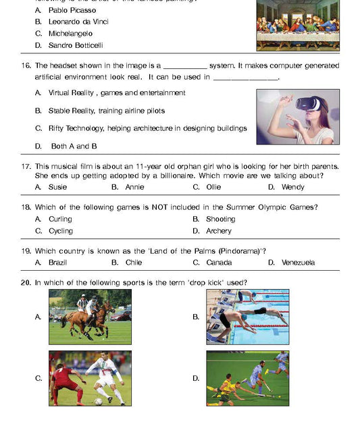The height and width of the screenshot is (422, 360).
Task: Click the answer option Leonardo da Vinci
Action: (78, 22)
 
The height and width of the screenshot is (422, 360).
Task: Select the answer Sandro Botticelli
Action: (76, 45)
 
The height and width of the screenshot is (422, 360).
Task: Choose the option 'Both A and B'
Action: (74, 146)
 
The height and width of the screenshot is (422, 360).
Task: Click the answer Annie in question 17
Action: (134, 186)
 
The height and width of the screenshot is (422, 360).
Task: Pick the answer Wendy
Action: (292, 186)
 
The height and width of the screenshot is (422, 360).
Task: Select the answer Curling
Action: (60, 219)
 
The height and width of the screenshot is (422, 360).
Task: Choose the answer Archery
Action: (219, 231)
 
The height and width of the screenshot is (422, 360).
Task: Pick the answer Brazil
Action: (57, 262)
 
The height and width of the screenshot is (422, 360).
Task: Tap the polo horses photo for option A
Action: (90, 317)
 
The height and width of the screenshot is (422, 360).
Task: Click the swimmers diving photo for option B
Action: (247, 317)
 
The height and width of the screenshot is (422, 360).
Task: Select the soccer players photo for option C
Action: (90, 378)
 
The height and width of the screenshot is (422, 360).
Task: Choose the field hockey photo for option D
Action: (247, 378)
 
